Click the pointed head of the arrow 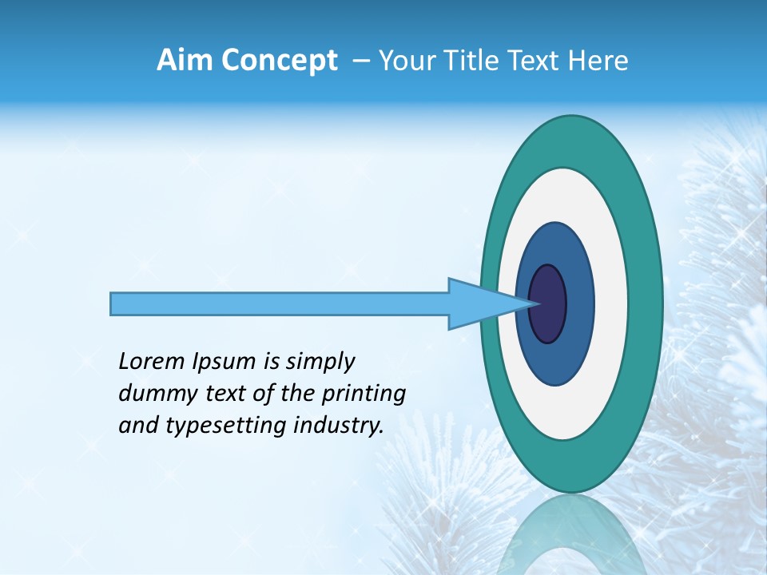tap(487, 303)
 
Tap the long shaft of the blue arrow tap(280, 303)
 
